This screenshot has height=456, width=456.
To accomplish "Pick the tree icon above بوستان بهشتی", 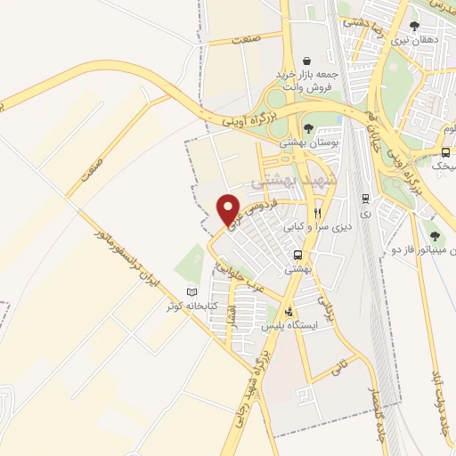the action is click(x=308, y=129).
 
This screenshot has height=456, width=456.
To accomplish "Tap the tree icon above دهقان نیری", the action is click(x=414, y=27).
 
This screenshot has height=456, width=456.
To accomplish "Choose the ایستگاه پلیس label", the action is click(x=290, y=326).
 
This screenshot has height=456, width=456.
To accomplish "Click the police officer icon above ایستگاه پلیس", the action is click(x=289, y=312).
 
